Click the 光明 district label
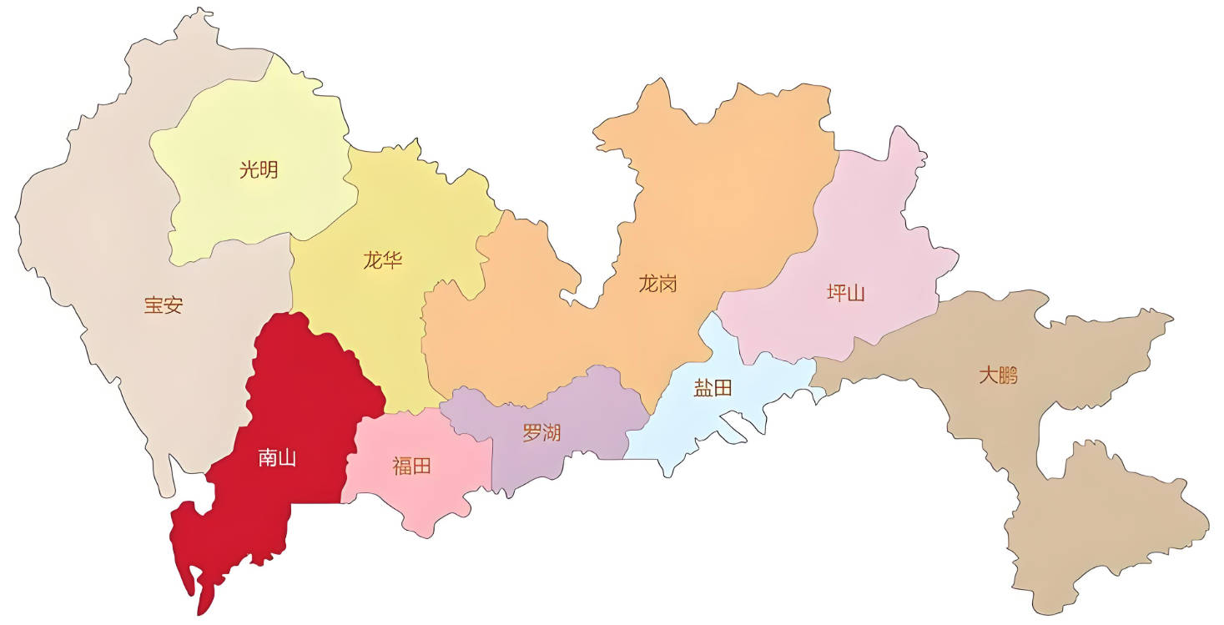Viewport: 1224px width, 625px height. tap(259, 171)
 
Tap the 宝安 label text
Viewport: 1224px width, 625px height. tap(163, 305)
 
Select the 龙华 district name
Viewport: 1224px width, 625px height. tap(382, 260)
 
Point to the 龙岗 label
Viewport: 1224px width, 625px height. tap(657, 284)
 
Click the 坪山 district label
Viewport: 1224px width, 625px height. tap(845, 293)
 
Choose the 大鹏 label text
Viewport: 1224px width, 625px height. tap(998, 376)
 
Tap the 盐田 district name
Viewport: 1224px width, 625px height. tap(713, 388)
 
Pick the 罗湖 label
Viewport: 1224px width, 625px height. tap(541, 434)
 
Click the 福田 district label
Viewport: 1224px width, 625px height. tap(411, 466)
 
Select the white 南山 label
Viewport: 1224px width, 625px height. tap(277, 458)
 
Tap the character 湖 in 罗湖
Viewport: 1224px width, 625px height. tap(552, 434)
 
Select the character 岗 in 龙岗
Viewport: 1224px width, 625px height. tap(667, 284)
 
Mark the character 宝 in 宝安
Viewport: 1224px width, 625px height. tap(153, 305)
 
